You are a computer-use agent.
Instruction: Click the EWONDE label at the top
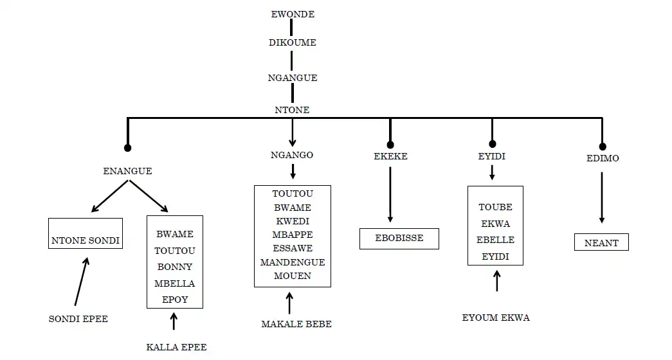pos(292,14)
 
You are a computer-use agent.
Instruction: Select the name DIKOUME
pos(292,42)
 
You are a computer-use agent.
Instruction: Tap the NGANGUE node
pos(293,78)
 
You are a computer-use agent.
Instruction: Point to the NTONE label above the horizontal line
pos(293,110)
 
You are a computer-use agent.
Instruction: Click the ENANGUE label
pos(127,171)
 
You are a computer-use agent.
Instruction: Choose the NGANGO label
pos(292,155)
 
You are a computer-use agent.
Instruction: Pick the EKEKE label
pos(390,156)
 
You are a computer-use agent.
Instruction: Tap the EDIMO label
pos(603,158)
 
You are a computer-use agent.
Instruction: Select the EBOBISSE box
pos(399,239)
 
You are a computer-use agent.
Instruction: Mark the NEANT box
pos(601,242)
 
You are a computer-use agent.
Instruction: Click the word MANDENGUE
pos(293,262)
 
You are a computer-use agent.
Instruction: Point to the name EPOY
pos(174,299)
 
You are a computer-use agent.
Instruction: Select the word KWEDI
pos(292,221)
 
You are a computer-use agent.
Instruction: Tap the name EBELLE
pos(495,240)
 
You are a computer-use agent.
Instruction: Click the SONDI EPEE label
pos(78,318)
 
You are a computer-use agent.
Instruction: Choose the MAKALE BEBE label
pos(296,324)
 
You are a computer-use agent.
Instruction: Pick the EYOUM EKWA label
pos(496,318)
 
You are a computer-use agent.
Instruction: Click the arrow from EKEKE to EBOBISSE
pos(390,194)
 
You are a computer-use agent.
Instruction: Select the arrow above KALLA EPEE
pos(174,320)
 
